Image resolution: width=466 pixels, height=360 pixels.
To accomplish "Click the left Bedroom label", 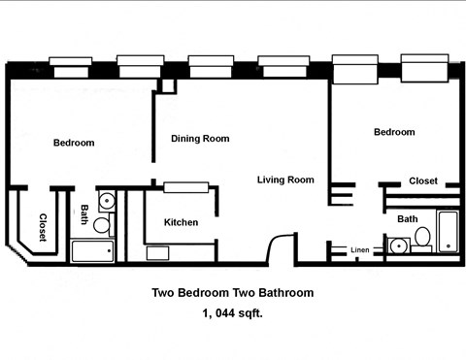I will click(74, 143).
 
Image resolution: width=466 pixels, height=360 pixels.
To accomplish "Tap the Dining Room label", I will click(200, 139).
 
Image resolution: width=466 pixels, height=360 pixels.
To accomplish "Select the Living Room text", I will click(285, 180).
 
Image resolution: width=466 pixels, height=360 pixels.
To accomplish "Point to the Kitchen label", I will click(181, 222).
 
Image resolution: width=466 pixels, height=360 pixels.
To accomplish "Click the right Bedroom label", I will click(394, 132).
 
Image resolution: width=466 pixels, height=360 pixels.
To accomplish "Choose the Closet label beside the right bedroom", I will click(422, 181).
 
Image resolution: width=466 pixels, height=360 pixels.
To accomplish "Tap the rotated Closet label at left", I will click(44, 226).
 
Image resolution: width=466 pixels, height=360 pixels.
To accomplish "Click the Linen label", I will click(360, 250).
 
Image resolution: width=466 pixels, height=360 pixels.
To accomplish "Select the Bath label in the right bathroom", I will click(408, 219).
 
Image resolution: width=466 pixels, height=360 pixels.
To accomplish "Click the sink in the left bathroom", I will click(108, 202).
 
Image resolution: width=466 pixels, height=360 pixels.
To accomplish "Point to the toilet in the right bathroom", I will click(422, 238).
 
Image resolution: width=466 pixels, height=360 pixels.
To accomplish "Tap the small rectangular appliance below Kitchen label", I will click(157, 252).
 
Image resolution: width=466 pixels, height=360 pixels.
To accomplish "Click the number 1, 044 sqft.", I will click(232, 313).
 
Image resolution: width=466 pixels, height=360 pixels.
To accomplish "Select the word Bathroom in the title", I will click(283, 292).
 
